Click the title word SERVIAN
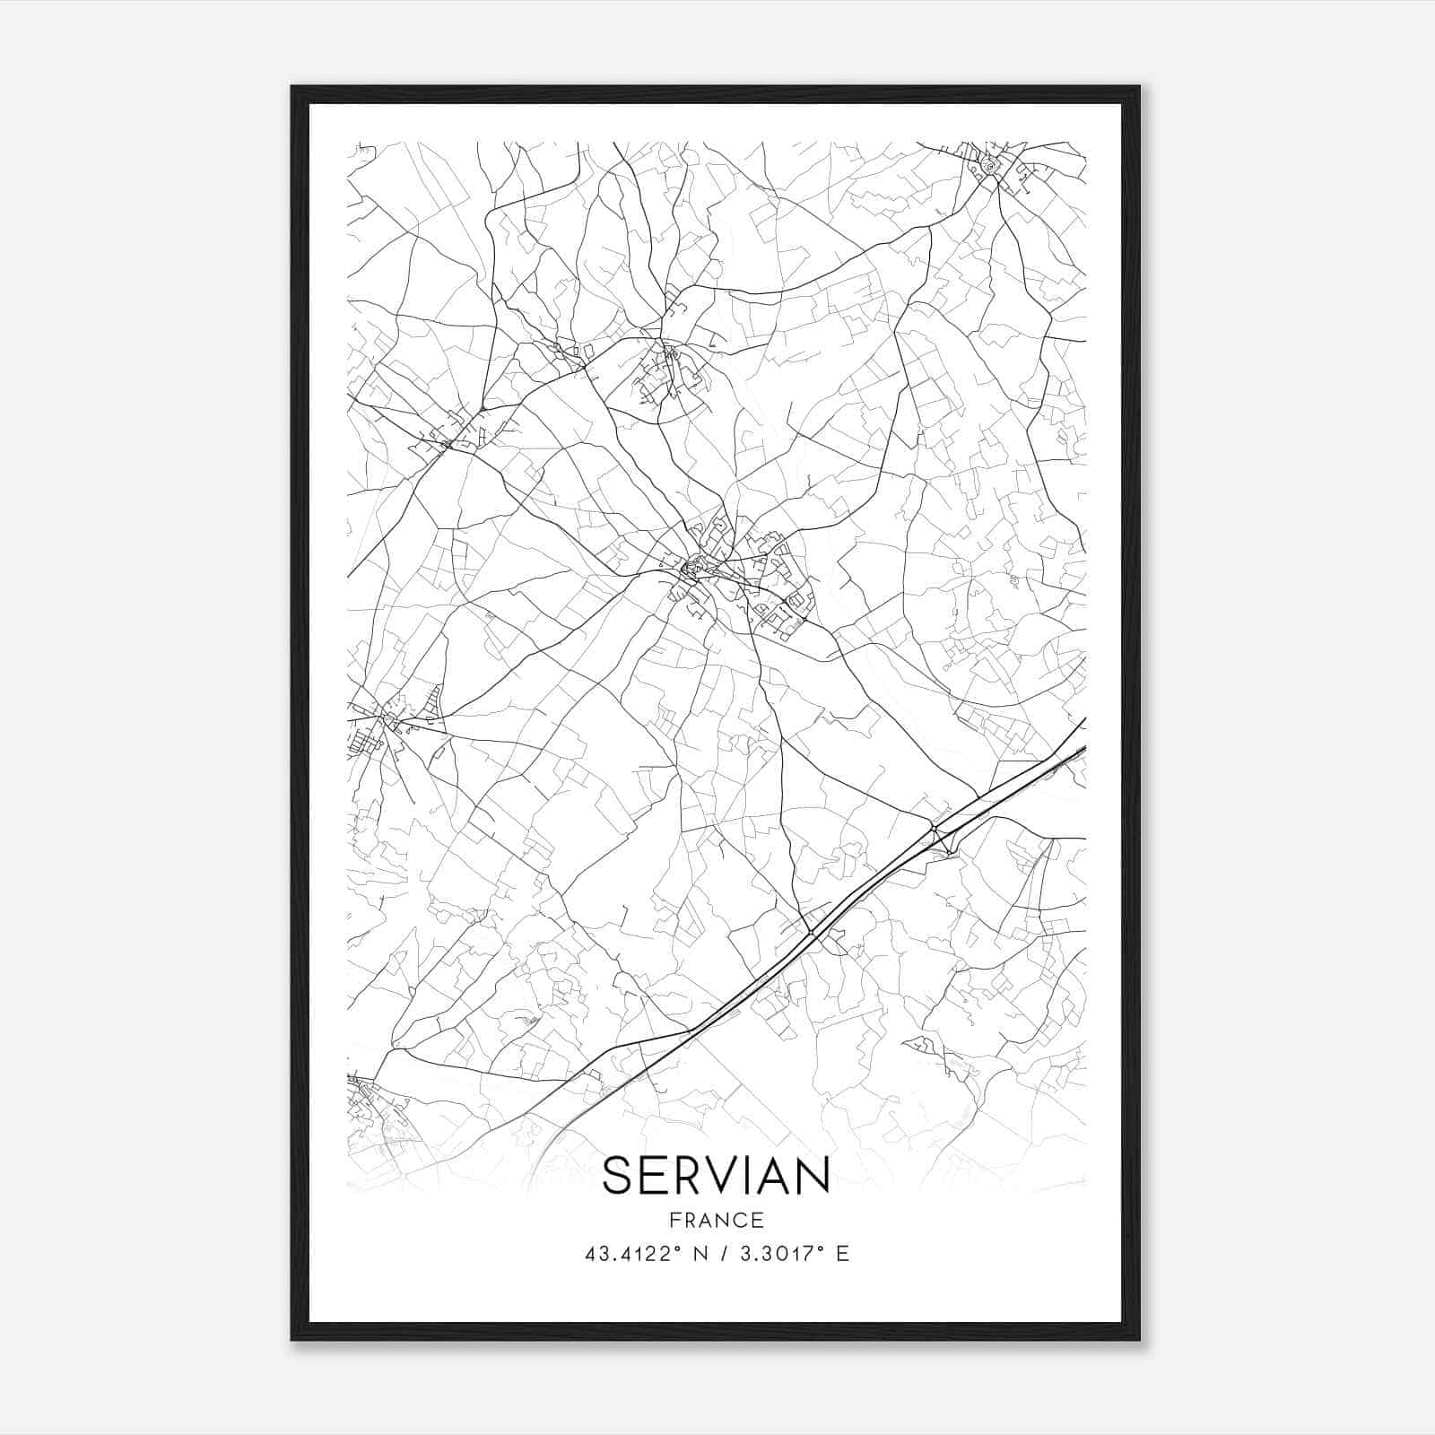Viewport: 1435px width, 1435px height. pos(716,1175)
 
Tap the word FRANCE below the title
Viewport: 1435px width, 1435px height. pos(716,1220)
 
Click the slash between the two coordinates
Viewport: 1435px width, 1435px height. pos(723,1254)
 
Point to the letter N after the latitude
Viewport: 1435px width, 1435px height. pos(700,1254)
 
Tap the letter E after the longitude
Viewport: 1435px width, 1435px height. pos(841,1254)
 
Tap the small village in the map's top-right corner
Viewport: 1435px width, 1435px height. pos(990,167)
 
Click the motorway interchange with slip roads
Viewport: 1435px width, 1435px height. pos(940,834)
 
